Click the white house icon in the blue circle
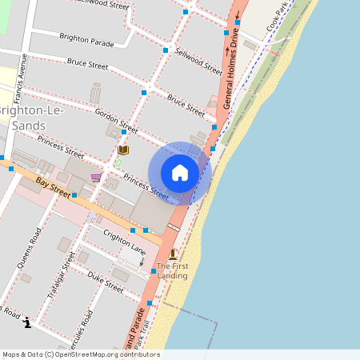tap(180, 173)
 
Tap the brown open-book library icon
tap(123, 150)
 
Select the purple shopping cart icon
tap(96, 178)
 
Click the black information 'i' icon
tap(28, 322)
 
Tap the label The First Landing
tap(172, 270)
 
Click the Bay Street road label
tap(54, 189)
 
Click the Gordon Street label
tap(116, 119)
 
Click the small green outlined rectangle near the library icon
tap(118, 162)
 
